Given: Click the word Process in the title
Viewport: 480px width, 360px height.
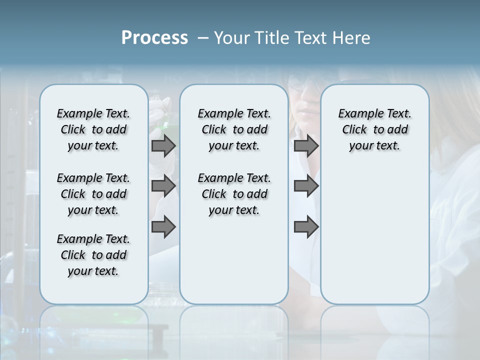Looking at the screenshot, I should (154, 38).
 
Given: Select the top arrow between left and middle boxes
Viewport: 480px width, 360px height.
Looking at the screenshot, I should (163, 145).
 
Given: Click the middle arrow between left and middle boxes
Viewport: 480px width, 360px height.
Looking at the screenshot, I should (163, 186).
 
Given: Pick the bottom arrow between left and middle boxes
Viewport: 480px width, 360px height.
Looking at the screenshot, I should (163, 227).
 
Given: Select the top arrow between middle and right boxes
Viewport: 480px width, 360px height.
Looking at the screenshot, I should (306, 145).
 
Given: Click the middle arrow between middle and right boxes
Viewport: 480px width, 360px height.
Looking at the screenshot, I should (306, 186).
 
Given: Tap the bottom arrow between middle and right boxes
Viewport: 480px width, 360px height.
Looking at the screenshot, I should (306, 227).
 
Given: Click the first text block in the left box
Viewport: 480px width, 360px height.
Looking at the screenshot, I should (93, 129).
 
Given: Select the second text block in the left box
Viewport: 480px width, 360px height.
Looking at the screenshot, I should (93, 194).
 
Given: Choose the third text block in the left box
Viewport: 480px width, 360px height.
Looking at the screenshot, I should (93, 255).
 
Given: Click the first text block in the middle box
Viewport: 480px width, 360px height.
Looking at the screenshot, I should (234, 129).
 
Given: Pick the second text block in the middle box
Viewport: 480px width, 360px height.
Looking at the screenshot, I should (234, 194).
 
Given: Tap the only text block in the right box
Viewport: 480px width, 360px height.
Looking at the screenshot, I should (374, 129).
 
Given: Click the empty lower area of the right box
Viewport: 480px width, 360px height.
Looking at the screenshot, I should (374, 240).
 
